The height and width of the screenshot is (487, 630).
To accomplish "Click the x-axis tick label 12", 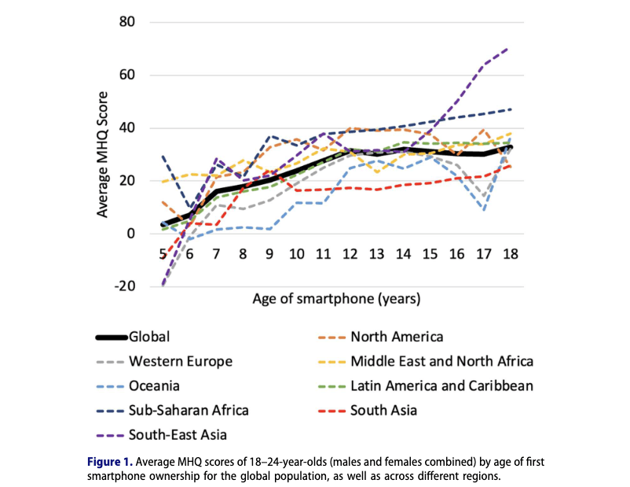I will (x=351, y=254).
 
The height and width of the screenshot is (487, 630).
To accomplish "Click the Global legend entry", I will (x=150, y=338).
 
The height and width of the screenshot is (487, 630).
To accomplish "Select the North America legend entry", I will (x=397, y=338).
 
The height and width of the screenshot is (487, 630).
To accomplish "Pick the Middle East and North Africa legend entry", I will (x=442, y=362).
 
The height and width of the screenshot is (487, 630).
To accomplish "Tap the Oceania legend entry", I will (x=156, y=386).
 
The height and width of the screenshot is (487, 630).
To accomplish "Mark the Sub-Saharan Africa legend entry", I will (x=188, y=410).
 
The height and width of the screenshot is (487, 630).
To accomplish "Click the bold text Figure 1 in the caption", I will (x=108, y=461).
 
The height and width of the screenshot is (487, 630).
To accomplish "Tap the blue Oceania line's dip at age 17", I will (x=485, y=209).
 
